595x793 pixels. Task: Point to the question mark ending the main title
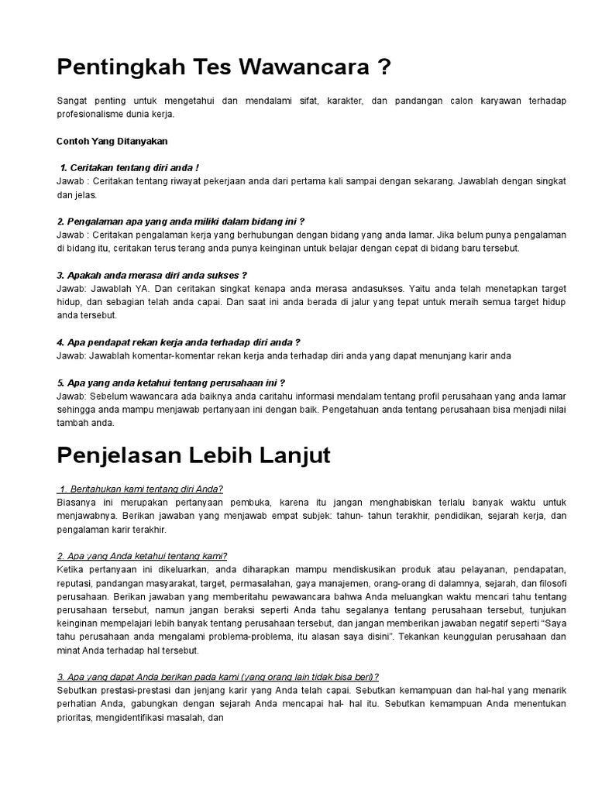[381, 68]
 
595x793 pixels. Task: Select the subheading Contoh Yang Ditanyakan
[112, 141]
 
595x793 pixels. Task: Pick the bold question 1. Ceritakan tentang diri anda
[129, 167]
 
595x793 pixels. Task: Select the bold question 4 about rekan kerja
[178, 342]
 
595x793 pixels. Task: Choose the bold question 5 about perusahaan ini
[171, 382]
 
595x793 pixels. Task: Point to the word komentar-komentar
[174, 355]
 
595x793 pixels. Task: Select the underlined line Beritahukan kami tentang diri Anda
[140, 489]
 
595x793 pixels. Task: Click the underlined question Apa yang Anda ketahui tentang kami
[142, 555]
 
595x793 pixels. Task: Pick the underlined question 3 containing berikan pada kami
[218, 676]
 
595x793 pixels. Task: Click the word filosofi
[549, 582]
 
